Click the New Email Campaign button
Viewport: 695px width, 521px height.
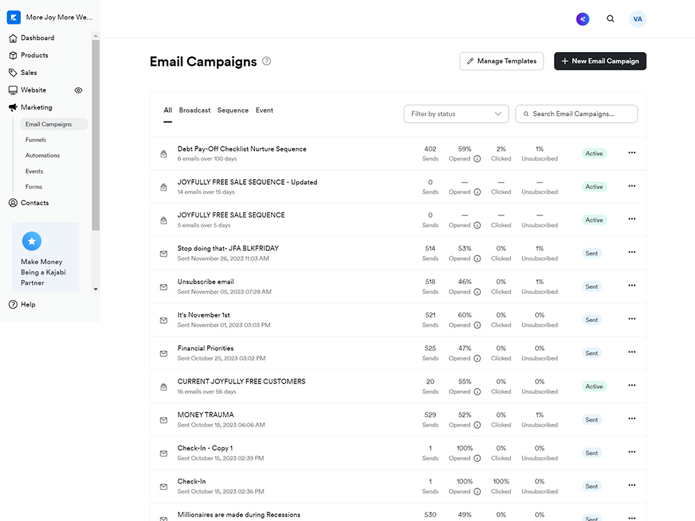click(x=600, y=61)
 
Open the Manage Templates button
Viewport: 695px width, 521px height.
click(x=501, y=61)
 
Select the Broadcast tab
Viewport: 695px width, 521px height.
click(x=195, y=110)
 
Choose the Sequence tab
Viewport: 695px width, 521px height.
click(x=233, y=110)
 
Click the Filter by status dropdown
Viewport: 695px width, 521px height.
click(x=456, y=114)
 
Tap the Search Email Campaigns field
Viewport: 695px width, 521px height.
click(x=576, y=114)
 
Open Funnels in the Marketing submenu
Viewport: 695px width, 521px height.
click(x=35, y=140)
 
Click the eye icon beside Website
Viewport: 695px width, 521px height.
click(x=79, y=90)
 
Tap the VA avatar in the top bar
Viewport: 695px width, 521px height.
click(x=637, y=19)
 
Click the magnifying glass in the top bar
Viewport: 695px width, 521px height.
click(x=610, y=19)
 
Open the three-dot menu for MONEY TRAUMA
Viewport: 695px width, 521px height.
click(x=632, y=419)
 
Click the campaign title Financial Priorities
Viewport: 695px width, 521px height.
click(x=205, y=348)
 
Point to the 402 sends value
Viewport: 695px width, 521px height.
click(x=430, y=149)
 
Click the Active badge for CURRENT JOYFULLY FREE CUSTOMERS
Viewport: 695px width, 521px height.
click(x=594, y=386)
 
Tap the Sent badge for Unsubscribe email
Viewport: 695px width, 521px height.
click(x=591, y=287)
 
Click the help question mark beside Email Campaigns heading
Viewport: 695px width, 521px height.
click(x=266, y=61)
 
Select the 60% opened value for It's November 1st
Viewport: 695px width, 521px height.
click(x=464, y=315)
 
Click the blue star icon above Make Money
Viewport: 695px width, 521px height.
click(x=32, y=241)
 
